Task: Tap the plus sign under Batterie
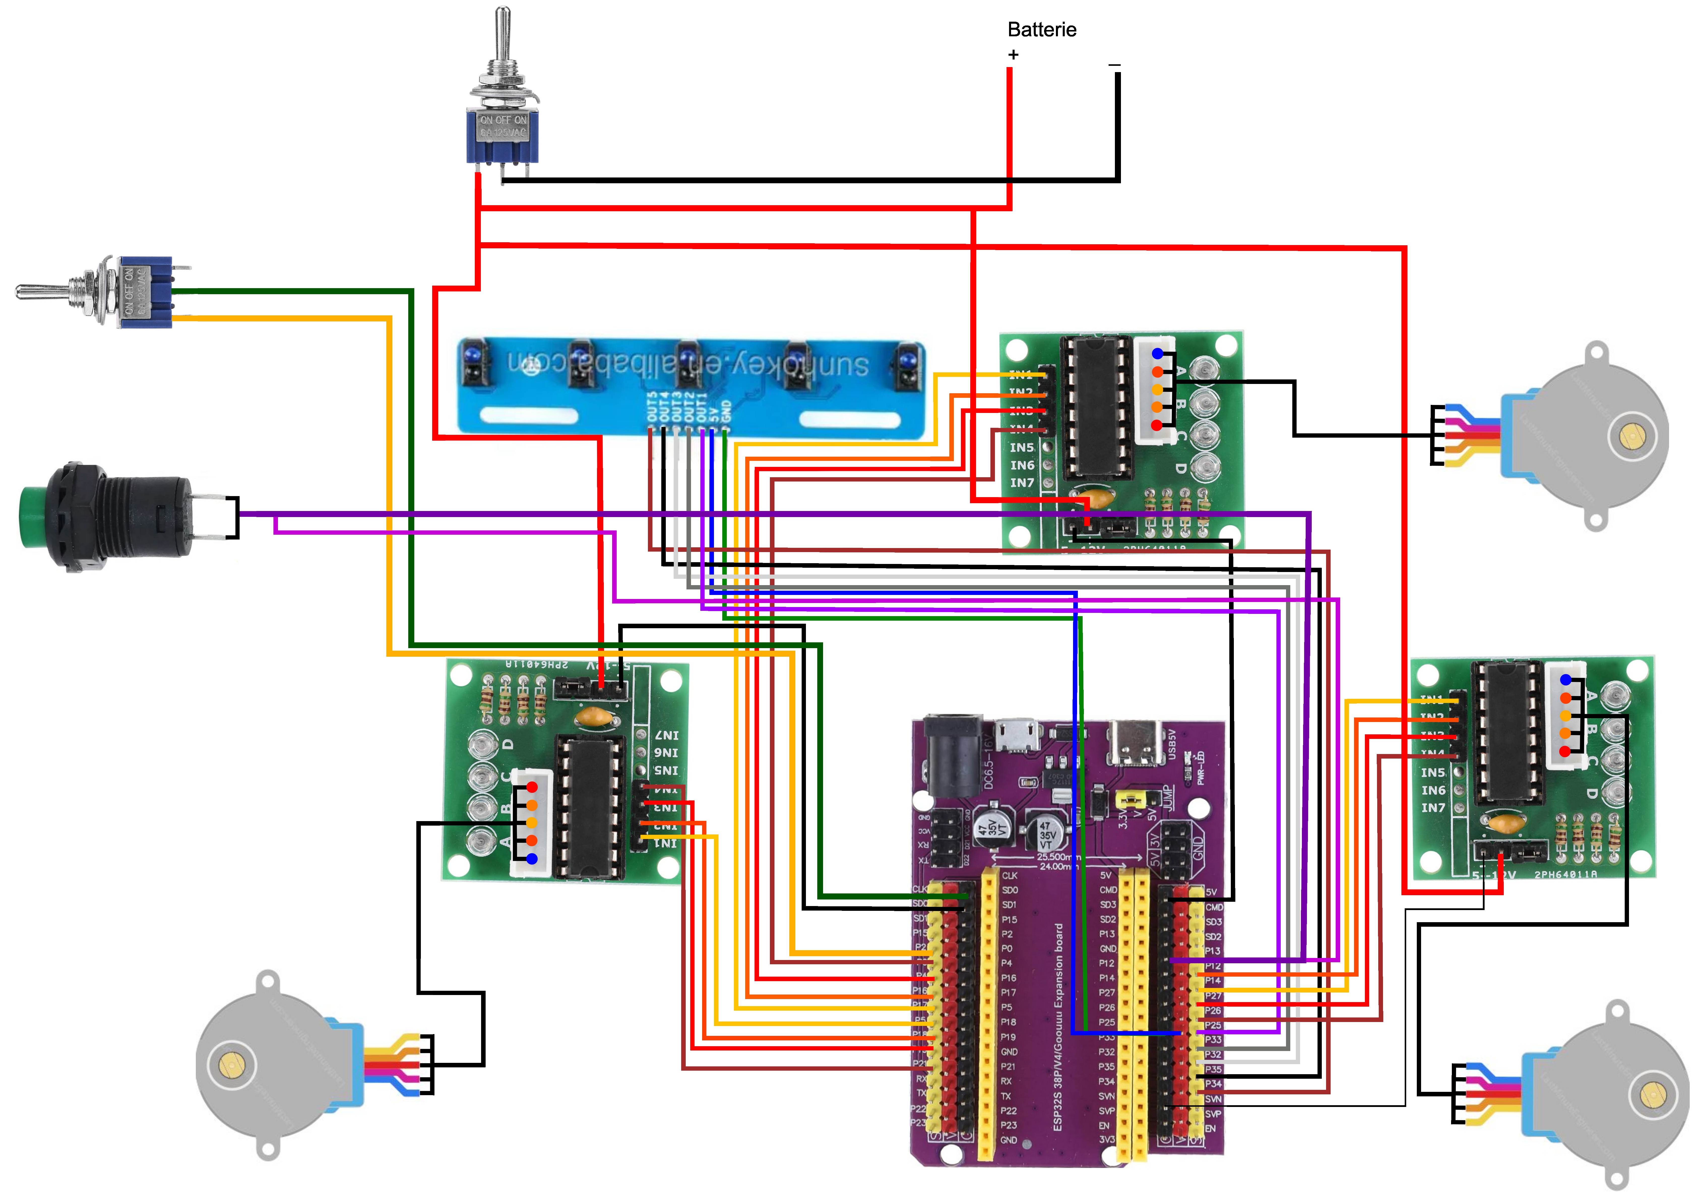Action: pyautogui.click(x=1013, y=55)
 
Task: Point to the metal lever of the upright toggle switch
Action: pyautogui.click(x=503, y=41)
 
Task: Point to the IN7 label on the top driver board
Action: pyautogui.click(x=1022, y=483)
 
